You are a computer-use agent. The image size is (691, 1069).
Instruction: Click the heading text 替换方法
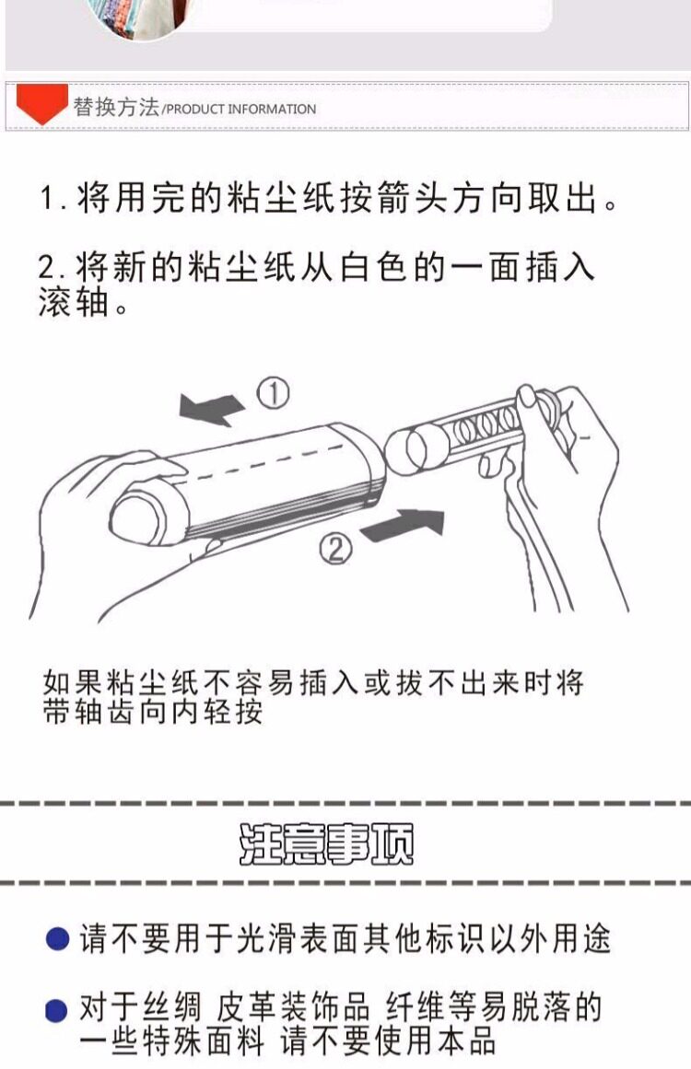[116, 107]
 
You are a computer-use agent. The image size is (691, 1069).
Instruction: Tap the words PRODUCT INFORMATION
[240, 109]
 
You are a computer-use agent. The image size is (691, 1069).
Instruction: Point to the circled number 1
[273, 394]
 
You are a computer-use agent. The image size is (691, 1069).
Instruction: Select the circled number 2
[335, 548]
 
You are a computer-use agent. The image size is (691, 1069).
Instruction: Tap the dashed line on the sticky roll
[266, 461]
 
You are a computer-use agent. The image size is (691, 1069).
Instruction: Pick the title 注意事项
[326, 844]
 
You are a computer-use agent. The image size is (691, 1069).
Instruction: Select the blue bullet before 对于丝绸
[56, 1010]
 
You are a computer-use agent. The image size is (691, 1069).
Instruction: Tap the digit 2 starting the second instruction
[48, 267]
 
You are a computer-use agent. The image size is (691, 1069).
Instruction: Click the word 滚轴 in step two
[75, 301]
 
